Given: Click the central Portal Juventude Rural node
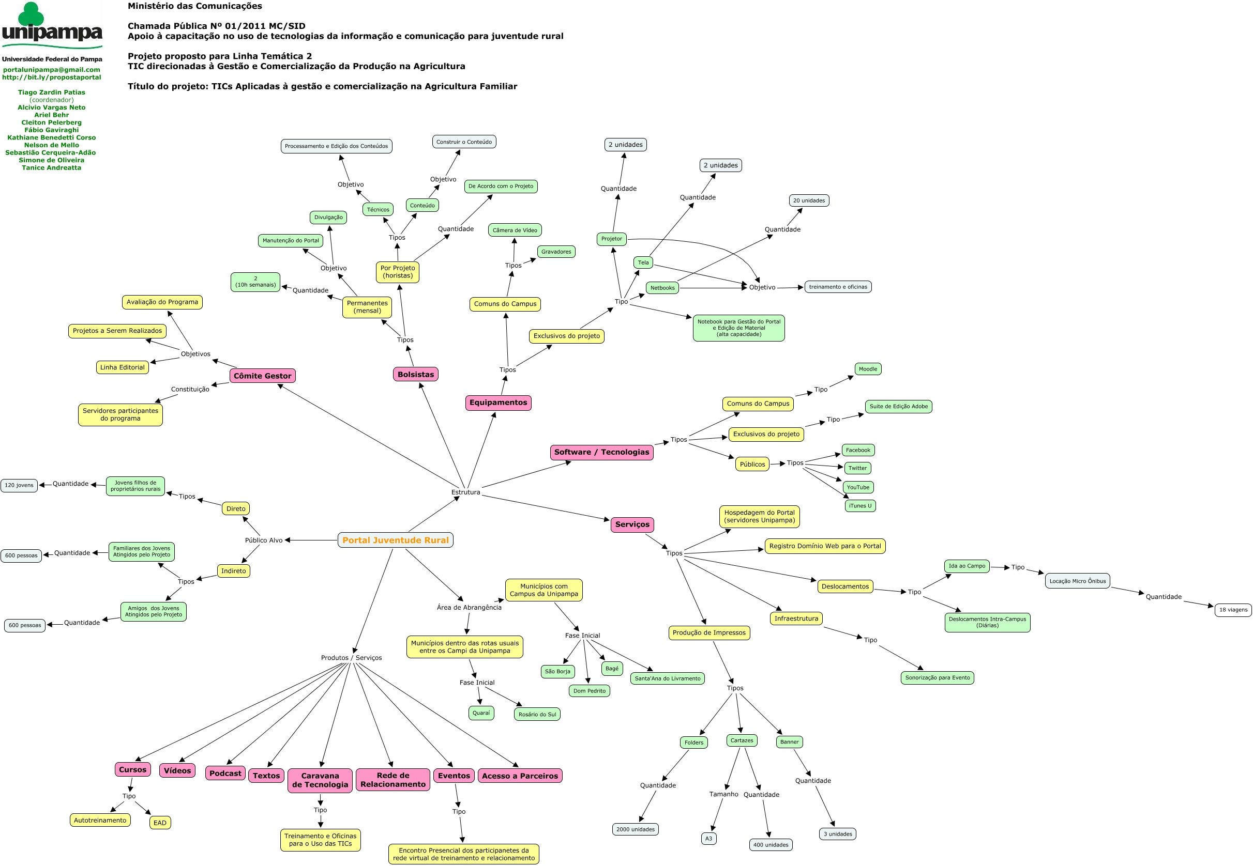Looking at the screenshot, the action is point(395,540).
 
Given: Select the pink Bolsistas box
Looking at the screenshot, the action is point(415,374).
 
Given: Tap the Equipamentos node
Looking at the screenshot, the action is point(498,403).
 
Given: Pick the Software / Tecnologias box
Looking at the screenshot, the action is point(601,452).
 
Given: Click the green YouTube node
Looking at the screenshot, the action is point(858,487).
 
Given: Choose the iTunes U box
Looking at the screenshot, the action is point(860,506).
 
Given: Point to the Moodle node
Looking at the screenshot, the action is point(868,369).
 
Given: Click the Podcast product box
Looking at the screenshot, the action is point(225,773).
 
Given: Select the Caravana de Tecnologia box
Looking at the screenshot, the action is point(320,780).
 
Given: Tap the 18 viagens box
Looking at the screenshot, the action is point(1233,610).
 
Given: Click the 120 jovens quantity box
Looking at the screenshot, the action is point(19,485).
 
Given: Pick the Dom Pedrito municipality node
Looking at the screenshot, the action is point(589,691).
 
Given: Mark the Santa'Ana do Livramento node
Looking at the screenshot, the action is point(667,678).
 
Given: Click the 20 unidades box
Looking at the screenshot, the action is point(808,200).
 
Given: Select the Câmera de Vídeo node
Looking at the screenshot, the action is point(515,230).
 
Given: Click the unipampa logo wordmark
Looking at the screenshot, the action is point(52,33).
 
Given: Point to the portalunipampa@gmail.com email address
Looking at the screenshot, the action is point(52,69).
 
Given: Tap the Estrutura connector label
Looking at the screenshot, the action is point(466,492).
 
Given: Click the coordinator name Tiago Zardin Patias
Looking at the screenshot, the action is point(52,92).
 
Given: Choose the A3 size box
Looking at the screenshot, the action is point(708,838).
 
